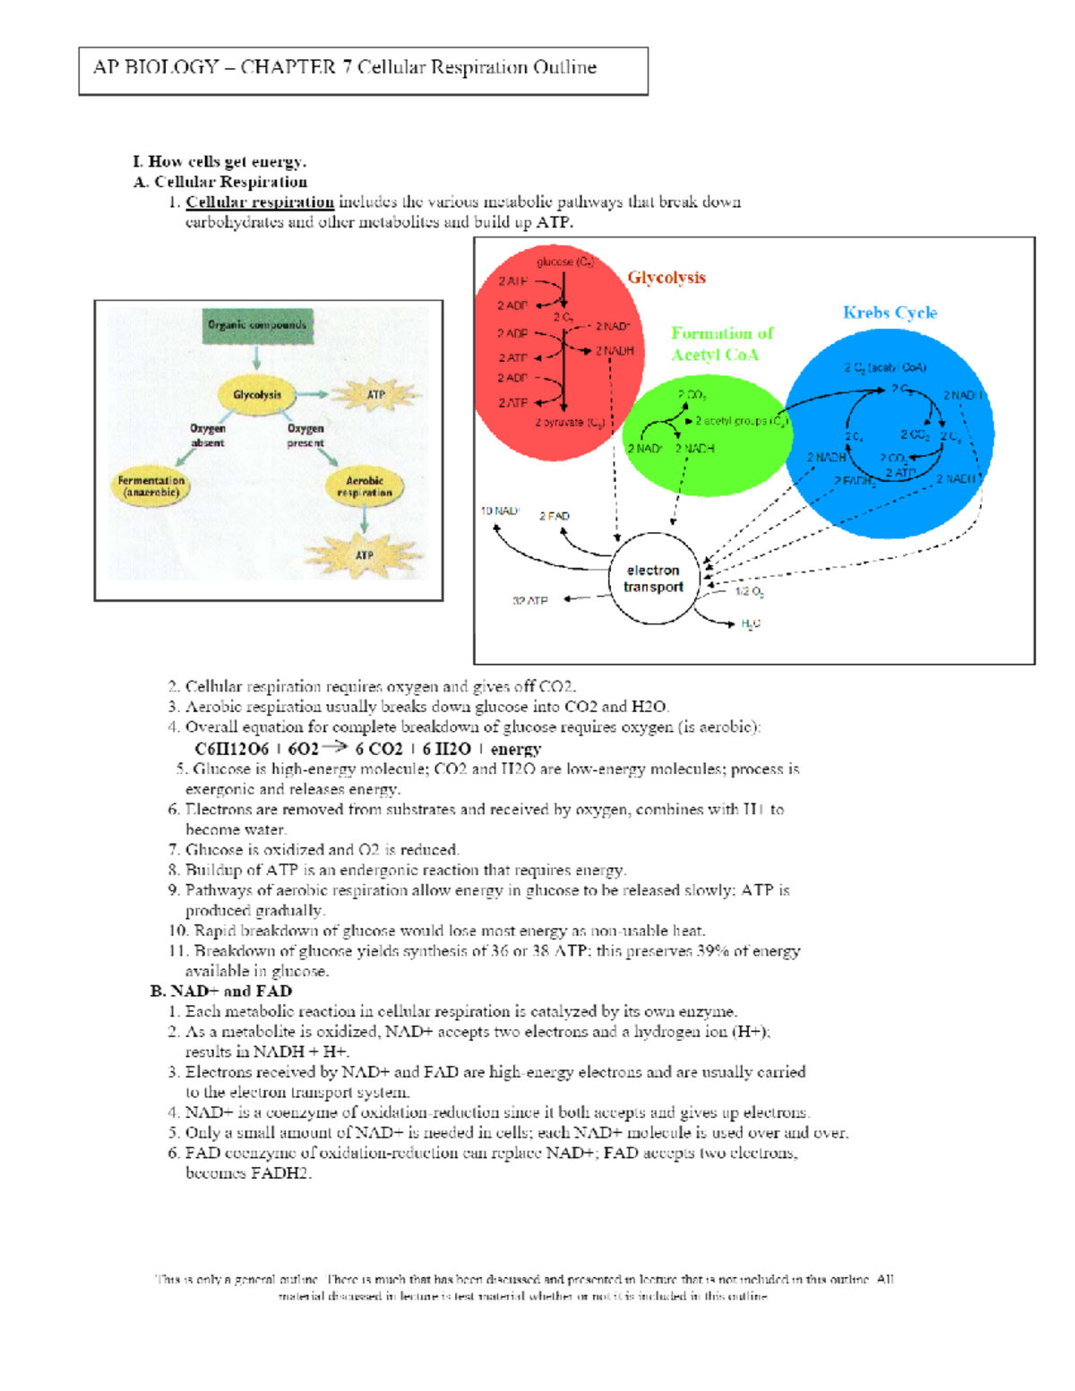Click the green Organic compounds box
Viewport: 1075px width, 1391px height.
[257, 326]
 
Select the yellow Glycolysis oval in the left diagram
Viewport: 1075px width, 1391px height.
[257, 395]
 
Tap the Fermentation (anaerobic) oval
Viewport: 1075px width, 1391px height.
[151, 486]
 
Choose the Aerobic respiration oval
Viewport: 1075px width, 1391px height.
[365, 486]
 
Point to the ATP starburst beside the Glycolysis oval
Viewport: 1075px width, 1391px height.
[376, 394]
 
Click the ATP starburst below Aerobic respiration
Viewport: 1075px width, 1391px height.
[364, 555]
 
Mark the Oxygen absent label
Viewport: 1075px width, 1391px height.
[208, 435]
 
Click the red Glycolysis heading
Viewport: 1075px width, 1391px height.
[666, 278]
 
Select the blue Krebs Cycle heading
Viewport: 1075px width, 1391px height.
[890, 313]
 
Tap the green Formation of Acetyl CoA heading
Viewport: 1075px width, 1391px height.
[722, 344]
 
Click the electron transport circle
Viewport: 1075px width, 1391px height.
[653, 579]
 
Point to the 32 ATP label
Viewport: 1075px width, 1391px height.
[530, 601]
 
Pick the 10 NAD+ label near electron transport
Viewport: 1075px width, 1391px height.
[500, 511]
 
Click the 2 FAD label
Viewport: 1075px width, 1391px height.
[555, 516]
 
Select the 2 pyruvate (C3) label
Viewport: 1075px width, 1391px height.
[570, 423]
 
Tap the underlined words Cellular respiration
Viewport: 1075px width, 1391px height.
[260, 202]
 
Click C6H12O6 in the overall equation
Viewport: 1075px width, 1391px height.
[231, 749]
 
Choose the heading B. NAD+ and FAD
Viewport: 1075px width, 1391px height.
[221, 992]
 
